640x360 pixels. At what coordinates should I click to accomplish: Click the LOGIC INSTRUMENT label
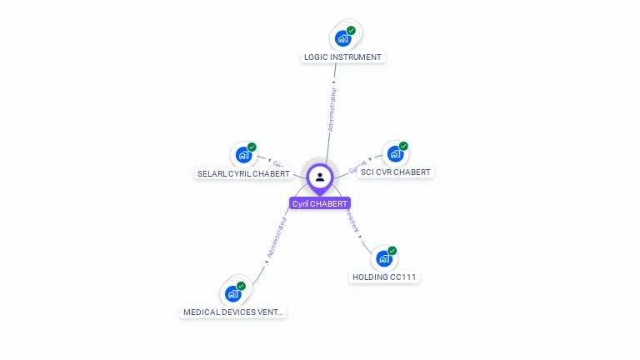point(342,57)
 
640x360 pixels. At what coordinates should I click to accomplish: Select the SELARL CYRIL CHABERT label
point(243,174)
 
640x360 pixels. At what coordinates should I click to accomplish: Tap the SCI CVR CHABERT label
point(396,172)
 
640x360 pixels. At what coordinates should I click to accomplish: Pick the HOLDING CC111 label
point(383,277)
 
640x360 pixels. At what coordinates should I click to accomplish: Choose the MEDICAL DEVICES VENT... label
point(233,312)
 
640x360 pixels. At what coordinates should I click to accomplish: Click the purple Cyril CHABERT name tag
point(320,203)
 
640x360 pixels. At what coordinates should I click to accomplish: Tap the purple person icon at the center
point(320,177)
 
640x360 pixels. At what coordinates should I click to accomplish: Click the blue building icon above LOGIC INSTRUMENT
point(342,38)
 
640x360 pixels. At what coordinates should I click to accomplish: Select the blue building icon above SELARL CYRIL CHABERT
point(242,155)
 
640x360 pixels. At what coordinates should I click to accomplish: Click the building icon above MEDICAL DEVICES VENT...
point(232,293)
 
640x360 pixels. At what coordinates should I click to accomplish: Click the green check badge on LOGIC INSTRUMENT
point(351,31)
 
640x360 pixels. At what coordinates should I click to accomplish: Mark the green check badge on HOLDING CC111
point(392,251)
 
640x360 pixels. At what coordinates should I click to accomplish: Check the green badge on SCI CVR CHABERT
point(403,147)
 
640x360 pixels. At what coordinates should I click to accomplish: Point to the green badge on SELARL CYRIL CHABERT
point(252,147)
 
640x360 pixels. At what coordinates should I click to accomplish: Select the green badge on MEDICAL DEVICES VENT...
point(241,286)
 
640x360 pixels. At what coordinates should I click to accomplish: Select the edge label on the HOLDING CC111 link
point(352,220)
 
